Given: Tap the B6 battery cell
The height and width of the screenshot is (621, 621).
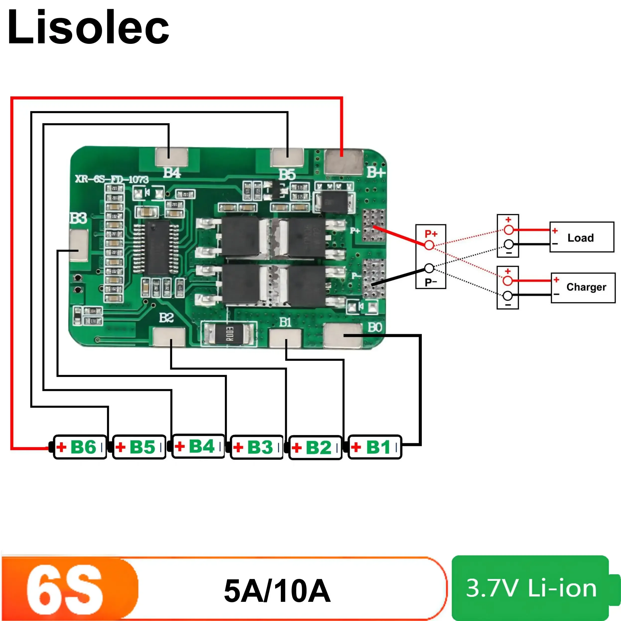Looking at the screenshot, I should click(x=80, y=447).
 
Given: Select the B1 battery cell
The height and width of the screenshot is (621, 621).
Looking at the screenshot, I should click(x=375, y=447).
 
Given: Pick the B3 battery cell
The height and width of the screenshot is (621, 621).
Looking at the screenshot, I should click(x=257, y=447).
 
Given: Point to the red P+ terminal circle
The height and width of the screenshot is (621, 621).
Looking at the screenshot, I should click(x=429, y=245).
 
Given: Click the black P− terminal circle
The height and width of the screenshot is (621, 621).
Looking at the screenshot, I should click(x=429, y=268).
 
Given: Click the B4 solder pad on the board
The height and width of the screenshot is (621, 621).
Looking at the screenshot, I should click(x=171, y=157).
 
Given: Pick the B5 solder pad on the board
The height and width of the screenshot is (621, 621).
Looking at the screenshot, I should click(x=287, y=157).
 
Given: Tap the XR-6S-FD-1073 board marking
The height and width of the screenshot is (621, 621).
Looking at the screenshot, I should click(x=112, y=179).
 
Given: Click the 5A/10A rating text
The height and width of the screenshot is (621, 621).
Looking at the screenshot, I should click(x=277, y=591).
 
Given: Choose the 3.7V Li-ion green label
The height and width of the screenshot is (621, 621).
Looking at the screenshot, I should click(x=531, y=588).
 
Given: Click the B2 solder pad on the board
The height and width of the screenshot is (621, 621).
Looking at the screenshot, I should click(x=169, y=337).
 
